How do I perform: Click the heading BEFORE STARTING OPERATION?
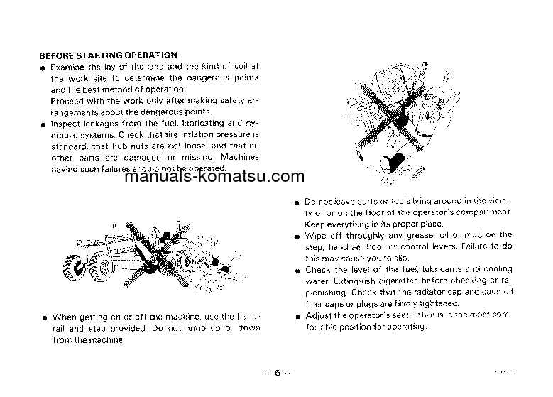pyautogui.click(x=108, y=55)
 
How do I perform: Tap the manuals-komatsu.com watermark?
pyautogui.click(x=214, y=178)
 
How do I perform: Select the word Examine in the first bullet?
pyautogui.click(x=67, y=66)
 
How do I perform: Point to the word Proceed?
pyautogui.click(x=66, y=100)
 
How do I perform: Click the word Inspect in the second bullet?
pyautogui.click(x=65, y=123)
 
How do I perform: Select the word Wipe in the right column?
pyautogui.click(x=314, y=235)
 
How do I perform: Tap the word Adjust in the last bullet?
pyautogui.click(x=318, y=315)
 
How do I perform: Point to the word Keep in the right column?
pyautogui.click(x=314, y=223)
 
